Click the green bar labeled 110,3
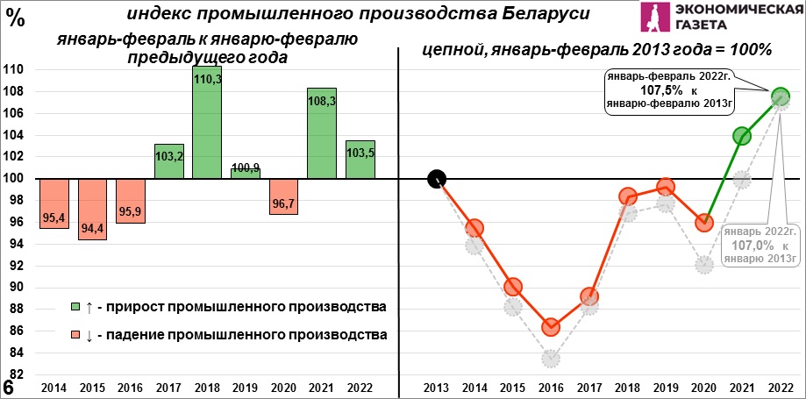click(x=206, y=123)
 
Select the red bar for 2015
click(x=92, y=209)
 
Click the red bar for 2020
click(x=283, y=196)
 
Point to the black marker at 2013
click(x=437, y=179)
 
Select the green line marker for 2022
click(x=781, y=96)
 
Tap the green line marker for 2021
click(x=742, y=136)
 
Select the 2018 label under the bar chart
click(x=207, y=388)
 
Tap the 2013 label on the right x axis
click(x=436, y=388)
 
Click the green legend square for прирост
click(x=75, y=307)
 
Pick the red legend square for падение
click(x=75, y=335)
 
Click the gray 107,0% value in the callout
click(x=759, y=246)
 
